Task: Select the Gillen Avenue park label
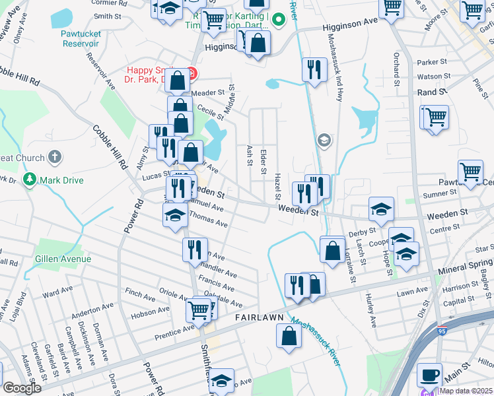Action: tap(63, 259)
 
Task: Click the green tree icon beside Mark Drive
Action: tap(29, 180)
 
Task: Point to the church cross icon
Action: tap(55, 158)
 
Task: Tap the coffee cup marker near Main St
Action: tap(429, 374)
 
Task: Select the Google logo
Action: tap(22, 388)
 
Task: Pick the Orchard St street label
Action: tap(397, 69)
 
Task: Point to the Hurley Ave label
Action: tap(371, 311)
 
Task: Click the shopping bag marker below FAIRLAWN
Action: tap(289, 337)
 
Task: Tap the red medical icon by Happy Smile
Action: tap(191, 71)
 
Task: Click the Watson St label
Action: tap(431, 77)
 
